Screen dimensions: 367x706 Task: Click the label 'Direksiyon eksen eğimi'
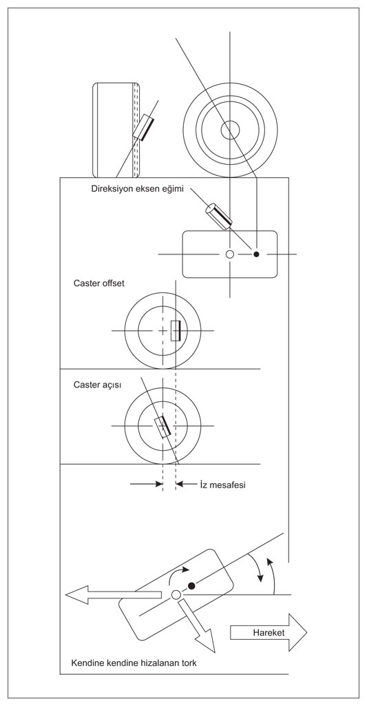pyautogui.click(x=138, y=189)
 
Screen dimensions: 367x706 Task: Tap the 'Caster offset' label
pyautogui.click(x=98, y=283)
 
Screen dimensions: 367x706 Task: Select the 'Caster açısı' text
pyautogui.click(x=97, y=385)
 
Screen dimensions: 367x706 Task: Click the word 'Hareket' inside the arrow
pyautogui.click(x=269, y=633)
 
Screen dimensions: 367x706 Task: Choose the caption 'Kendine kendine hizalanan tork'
pyautogui.click(x=134, y=664)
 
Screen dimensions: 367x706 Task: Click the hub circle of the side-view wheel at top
pyautogui.click(x=230, y=130)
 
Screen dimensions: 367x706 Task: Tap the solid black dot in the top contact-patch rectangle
pyautogui.click(x=256, y=254)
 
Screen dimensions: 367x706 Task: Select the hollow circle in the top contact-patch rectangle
pyautogui.click(x=230, y=254)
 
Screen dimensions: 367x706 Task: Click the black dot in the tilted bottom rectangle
pyautogui.click(x=191, y=585)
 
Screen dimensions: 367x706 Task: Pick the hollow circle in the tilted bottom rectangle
pyautogui.click(x=176, y=595)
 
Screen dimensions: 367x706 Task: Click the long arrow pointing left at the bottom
pyautogui.click(x=114, y=594)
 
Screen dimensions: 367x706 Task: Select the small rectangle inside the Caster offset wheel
pyautogui.click(x=176, y=330)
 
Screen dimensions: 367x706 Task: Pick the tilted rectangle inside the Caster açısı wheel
pyautogui.click(x=162, y=426)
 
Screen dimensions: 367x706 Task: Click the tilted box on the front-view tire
pyautogui.click(x=144, y=127)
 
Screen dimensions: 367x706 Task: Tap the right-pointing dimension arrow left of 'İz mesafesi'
pyautogui.click(x=146, y=485)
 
